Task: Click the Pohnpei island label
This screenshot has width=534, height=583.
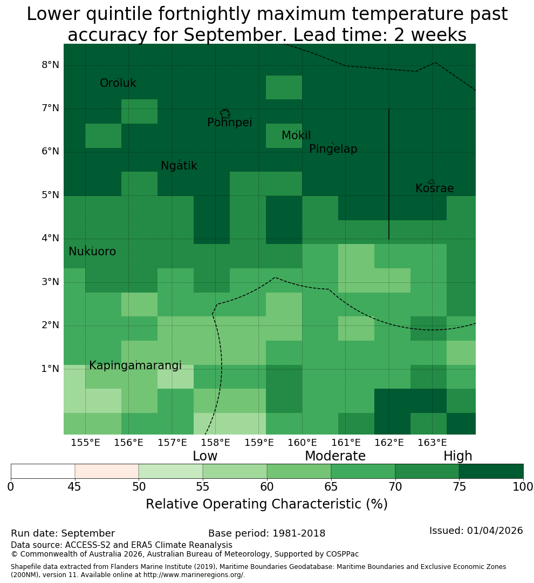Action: click(x=229, y=123)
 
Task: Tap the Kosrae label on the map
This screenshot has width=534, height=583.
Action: click(x=434, y=188)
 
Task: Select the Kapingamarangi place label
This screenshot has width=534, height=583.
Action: click(x=135, y=365)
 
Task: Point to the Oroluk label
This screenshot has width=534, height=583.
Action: click(x=118, y=83)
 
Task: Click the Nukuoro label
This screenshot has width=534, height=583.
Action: click(x=92, y=252)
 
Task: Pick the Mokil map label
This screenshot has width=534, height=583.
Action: click(x=296, y=135)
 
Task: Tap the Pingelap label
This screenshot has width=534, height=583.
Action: click(x=333, y=149)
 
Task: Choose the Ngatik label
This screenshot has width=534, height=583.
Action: click(x=179, y=166)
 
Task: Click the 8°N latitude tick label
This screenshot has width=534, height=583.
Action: click(x=50, y=65)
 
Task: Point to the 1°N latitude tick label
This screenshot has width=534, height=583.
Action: click(x=50, y=369)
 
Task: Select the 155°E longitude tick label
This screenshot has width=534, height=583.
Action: click(x=85, y=443)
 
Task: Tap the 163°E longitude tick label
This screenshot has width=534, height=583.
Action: click(x=432, y=443)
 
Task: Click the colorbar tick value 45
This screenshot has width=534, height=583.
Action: click(x=74, y=487)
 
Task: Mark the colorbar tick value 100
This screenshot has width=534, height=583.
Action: click(x=523, y=487)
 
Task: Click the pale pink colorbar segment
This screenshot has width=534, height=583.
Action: click(x=107, y=471)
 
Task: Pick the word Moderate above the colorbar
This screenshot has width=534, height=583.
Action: click(x=335, y=456)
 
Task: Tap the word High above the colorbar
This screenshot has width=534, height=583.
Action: click(x=457, y=456)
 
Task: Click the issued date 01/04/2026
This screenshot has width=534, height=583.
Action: click(x=495, y=531)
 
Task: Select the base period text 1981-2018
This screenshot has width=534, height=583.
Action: click(x=299, y=533)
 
